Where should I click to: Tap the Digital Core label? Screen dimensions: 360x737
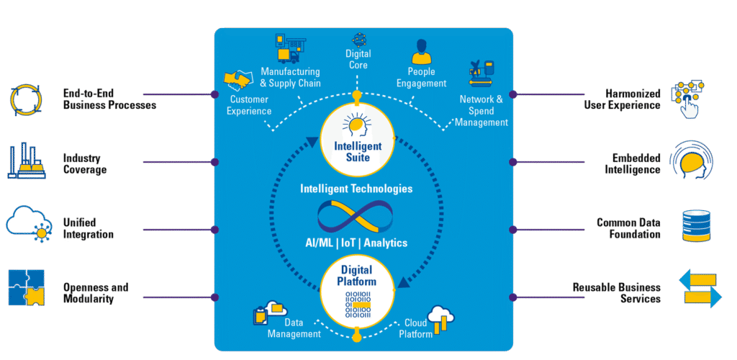[358, 59]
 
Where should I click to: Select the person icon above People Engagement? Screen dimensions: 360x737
[421, 52]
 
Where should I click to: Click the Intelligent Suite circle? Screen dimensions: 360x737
[357, 138]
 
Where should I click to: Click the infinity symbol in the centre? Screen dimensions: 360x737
[358, 216]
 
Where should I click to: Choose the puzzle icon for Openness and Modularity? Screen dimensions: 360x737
[27, 288]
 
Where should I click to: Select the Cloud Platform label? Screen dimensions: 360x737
[417, 328]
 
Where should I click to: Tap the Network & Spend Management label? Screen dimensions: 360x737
[481, 111]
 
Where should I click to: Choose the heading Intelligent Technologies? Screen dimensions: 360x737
[356, 189]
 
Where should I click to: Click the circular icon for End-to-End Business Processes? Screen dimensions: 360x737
[27, 99]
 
